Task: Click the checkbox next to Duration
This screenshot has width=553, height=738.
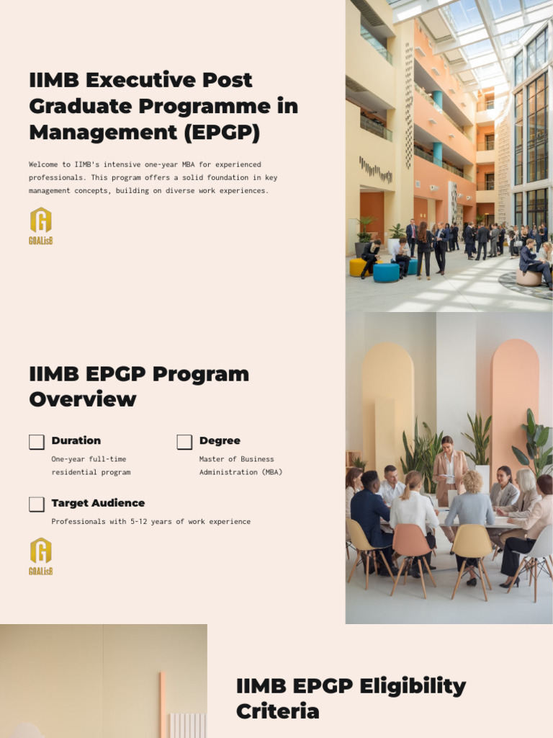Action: click(37, 442)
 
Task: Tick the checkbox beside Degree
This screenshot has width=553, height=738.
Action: click(184, 442)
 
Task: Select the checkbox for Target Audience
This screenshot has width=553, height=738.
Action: click(37, 504)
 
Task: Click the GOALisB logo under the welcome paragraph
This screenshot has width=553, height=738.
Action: click(41, 226)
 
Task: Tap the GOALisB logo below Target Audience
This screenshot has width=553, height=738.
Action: click(41, 556)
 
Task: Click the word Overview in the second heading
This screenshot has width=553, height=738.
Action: click(83, 399)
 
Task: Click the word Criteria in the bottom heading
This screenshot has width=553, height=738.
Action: click(277, 711)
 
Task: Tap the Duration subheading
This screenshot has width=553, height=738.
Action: click(76, 440)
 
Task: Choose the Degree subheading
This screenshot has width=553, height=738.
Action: click(220, 440)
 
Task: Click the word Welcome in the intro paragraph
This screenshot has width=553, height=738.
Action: click(44, 165)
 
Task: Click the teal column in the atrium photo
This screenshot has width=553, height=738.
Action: click(437, 101)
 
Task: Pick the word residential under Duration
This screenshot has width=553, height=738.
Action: click(71, 472)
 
